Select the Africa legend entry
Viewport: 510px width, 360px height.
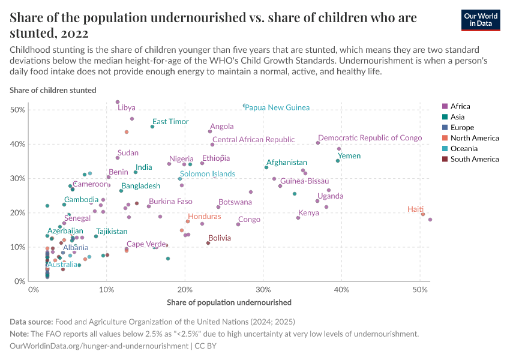459,106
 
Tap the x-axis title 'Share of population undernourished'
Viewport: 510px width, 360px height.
229,302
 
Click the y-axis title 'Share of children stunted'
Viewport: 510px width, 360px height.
53,90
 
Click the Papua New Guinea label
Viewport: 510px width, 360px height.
277,107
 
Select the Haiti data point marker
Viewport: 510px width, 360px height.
423,214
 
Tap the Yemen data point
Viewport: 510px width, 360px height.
338,161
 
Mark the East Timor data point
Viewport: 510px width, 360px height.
152,127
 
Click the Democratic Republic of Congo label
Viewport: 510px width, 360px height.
370,138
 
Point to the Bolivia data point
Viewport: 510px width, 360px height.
208,243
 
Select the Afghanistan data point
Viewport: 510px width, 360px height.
266,167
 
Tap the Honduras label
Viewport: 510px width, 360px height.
204,216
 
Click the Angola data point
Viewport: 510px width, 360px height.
210,131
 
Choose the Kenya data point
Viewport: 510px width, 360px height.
298,218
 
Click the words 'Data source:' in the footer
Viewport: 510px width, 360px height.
31,322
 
